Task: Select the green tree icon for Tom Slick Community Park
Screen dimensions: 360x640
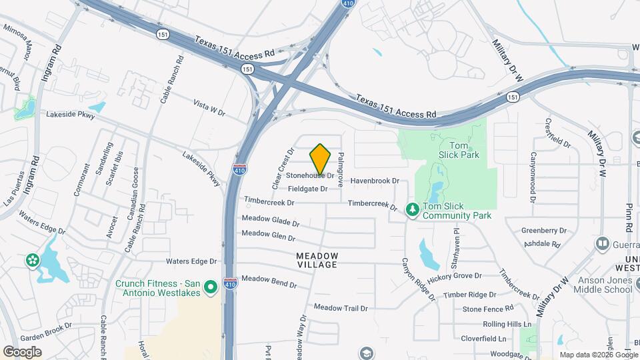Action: pos(413,211)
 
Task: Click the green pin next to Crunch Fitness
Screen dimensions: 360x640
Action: pos(211,287)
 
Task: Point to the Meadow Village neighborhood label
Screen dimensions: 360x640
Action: pos(317,260)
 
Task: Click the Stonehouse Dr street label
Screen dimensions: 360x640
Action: pos(310,175)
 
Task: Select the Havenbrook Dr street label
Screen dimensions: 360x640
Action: pos(375,181)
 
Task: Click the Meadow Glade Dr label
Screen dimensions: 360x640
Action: pos(265,220)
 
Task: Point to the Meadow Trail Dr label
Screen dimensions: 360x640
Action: pos(341,308)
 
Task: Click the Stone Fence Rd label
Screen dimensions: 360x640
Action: pos(488,309)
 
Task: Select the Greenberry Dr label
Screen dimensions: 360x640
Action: pos(543,231)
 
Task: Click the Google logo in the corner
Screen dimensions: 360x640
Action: pos(22,352)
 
